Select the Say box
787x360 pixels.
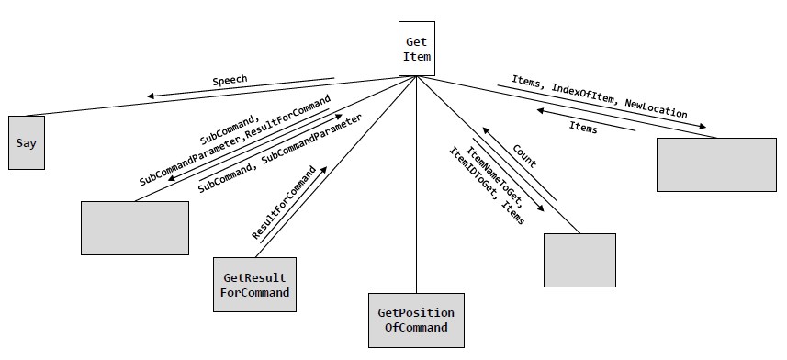coord(26,142)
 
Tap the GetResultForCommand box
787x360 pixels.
coord(255,285)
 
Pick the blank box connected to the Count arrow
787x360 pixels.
coord(579,260)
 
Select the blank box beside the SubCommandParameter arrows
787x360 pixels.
coord(134,228)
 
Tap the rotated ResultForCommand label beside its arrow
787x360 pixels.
coord(285,205)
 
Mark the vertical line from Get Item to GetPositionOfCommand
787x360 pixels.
coord(416,184)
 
